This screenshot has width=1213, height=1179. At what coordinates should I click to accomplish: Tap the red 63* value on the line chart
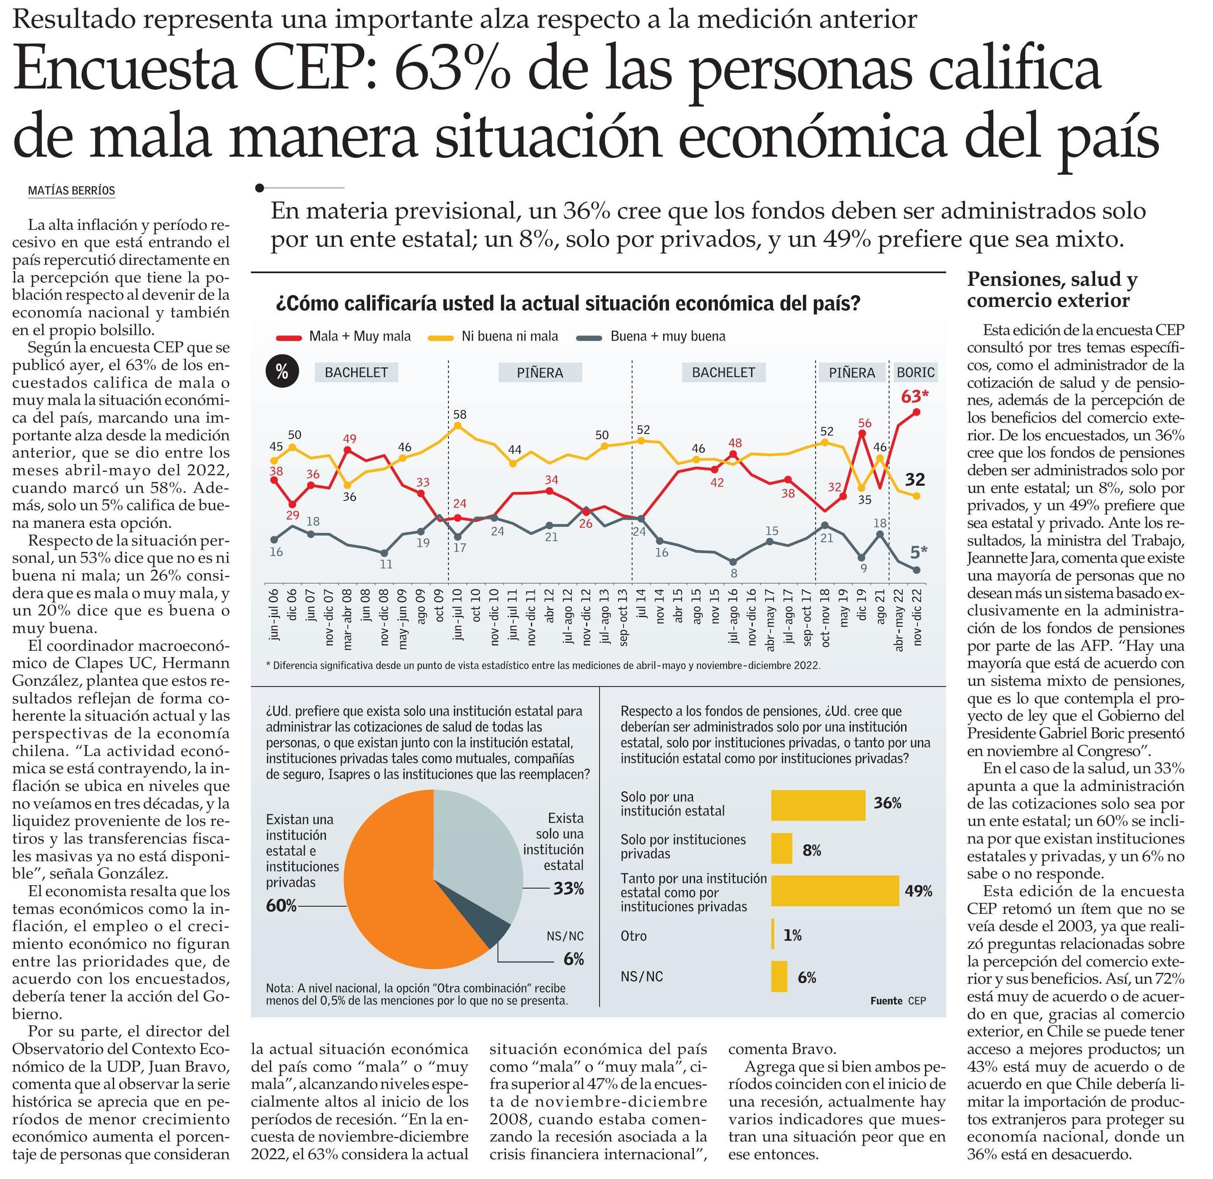tap(914, 397)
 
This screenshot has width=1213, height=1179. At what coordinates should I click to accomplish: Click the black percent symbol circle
tap(282, 372)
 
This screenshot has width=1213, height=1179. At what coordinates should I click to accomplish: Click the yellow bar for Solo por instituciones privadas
tap(781, 848)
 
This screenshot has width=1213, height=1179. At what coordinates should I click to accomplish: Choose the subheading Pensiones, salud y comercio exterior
tap(1052, 290)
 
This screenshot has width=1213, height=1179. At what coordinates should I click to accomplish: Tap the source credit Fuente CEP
tap(898, 1001)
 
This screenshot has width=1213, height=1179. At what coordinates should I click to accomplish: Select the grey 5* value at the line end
tap(918, 551)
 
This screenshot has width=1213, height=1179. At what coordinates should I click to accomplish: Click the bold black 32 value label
tap(914, 479)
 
